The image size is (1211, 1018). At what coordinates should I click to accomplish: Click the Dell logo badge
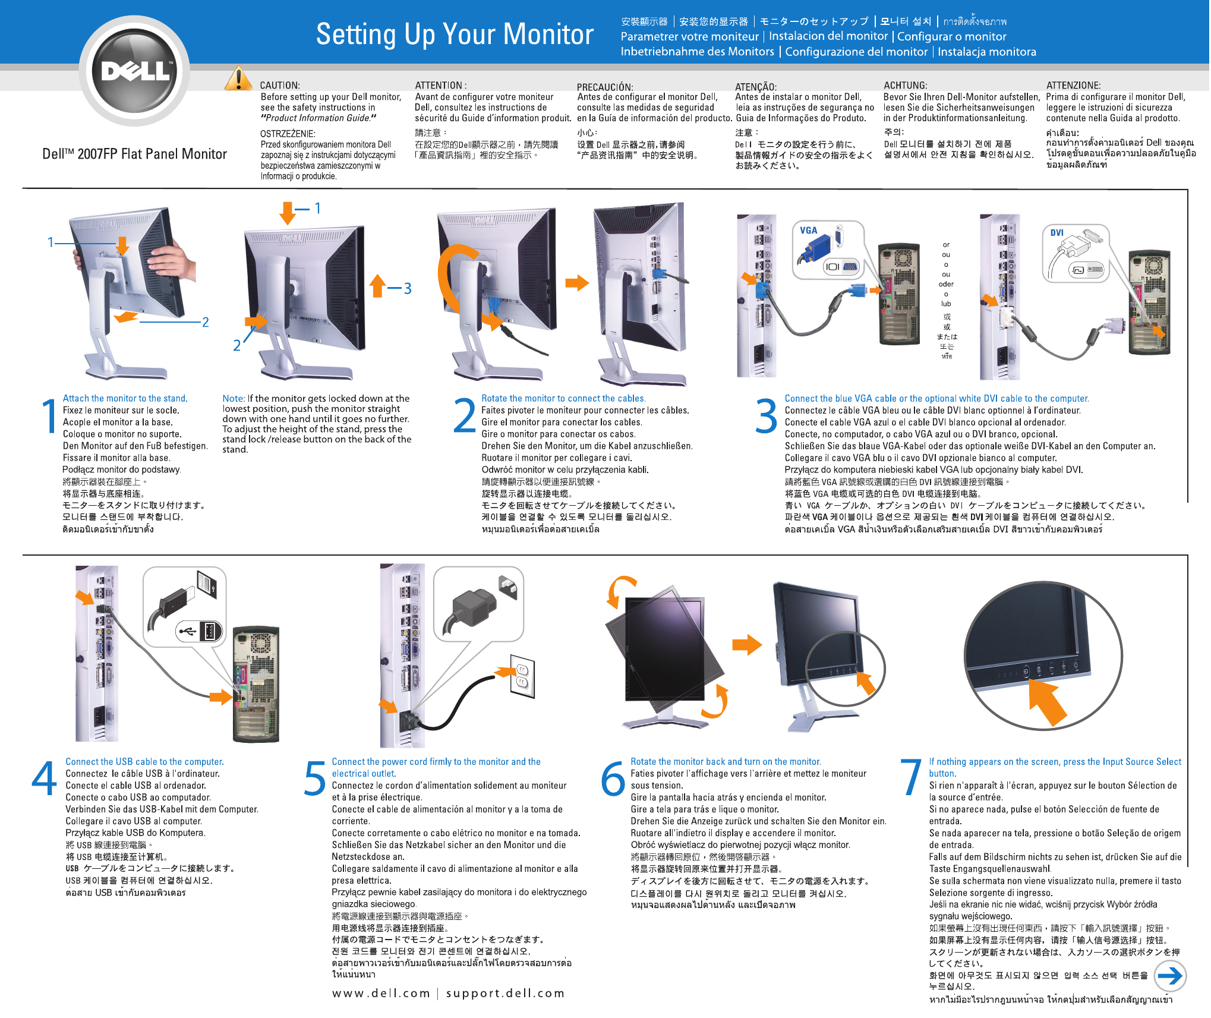coord(135,71)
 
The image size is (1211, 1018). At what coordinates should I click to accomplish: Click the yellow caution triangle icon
coord(238,80)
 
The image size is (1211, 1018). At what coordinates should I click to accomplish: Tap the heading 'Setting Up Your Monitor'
coord(455,34)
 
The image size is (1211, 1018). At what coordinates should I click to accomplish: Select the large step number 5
coord(315,779)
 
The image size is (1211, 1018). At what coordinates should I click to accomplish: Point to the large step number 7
coord(910,777)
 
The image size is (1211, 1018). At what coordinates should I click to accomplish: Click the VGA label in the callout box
coord(808,231)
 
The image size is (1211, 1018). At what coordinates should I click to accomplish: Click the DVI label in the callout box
coord(1057,233)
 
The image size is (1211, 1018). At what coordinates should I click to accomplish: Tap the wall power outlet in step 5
coord(522,677)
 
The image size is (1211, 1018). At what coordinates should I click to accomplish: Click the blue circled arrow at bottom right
coord(1169,975)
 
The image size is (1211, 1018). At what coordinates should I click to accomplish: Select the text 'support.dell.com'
coord(505,993)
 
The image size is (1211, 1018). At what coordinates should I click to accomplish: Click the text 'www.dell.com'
coord(381,993)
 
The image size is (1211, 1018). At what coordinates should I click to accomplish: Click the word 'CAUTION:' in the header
coord(280,86)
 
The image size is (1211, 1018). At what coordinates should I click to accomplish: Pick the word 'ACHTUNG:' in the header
coord(905,86)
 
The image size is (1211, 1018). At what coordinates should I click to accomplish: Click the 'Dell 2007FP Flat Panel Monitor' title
coord(135,155)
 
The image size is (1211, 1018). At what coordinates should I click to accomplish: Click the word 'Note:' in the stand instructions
coord(234,399)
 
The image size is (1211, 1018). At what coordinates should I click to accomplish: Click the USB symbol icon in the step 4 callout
coord(188,631)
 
